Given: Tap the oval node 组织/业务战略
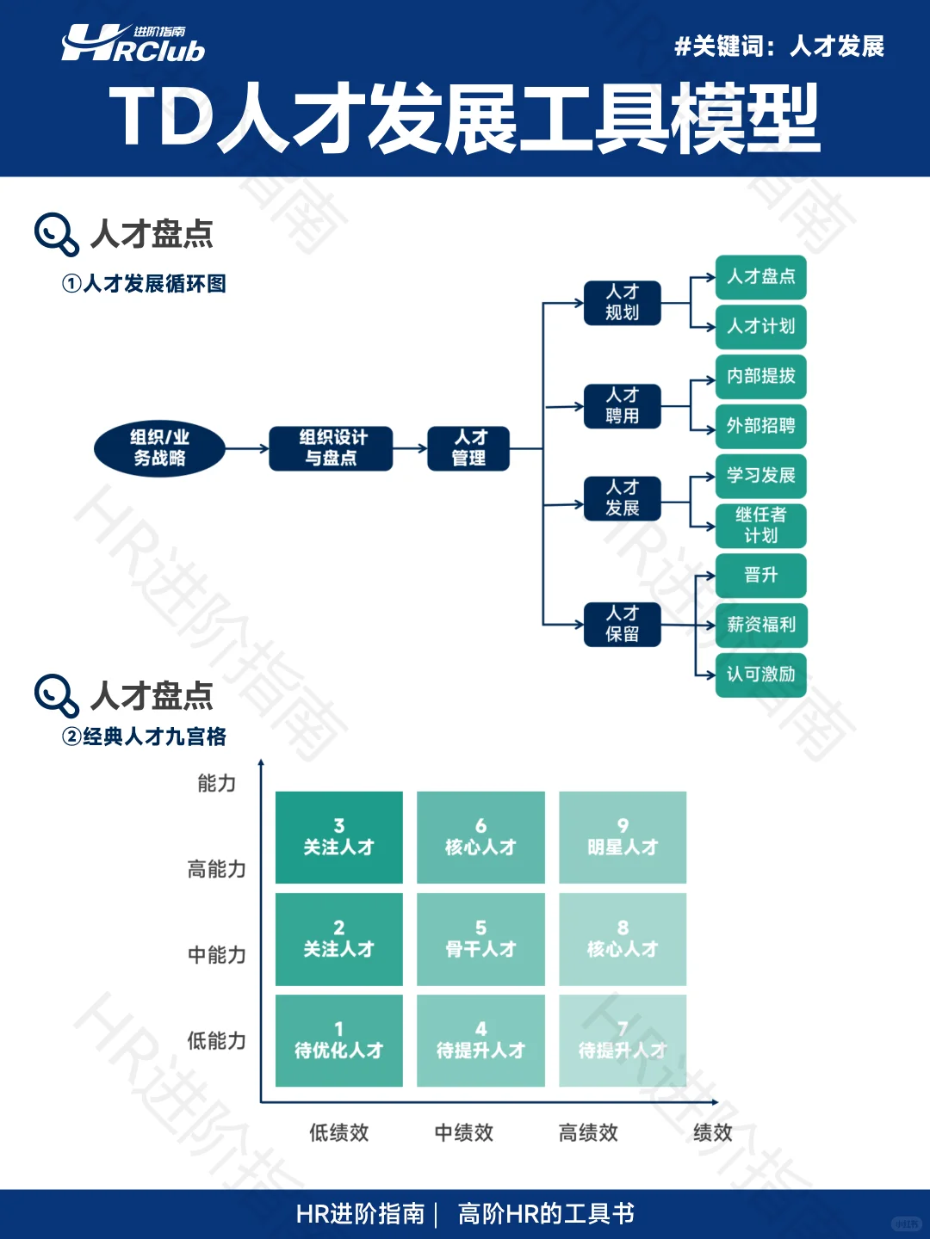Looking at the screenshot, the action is pyautogui.click(x=159, y=448).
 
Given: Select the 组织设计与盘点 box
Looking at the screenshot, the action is pyautogui.click(x=331, y=448).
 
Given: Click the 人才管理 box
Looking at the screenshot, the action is pyautogui.click(x=468, y=448).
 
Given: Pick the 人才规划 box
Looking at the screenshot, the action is pyautogui.click(x=622, y=303).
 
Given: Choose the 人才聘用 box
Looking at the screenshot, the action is pyautogui.click(x=622, y=406).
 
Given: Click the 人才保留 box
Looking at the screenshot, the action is pyautogui.click(x=622, y=624).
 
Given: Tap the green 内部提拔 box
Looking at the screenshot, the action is pyautogui.click(x=760, y=377).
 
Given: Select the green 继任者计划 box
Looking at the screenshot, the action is pyautogui.click(x=760, y=525).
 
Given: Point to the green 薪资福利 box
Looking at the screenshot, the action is pyautogui.click(x=760, y=625).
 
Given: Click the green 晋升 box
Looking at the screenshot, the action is pyautogui.click(x=760, y=575).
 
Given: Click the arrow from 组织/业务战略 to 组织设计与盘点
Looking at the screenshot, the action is pyautogui.click(x=247, y=448).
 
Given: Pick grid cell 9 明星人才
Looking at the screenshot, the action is pyautogui.click(x=623, y=837).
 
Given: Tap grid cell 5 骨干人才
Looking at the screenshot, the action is pyautogui.click(x=480, y=939).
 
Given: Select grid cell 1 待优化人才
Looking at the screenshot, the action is pyautogui.click(x=338, y=1040).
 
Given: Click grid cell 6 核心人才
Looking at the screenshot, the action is pyautogui.click(x=480, y=837).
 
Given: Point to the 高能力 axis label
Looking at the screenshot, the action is pyautogui.click(x=217, y=869).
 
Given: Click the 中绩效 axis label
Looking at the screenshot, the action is pyautogui.click(x=464, y=1132).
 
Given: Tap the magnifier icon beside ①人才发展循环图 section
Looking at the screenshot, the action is pyautogui.click(x=57, y=235).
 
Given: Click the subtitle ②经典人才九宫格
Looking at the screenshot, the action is pyautogui.click(x=145, y=737).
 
